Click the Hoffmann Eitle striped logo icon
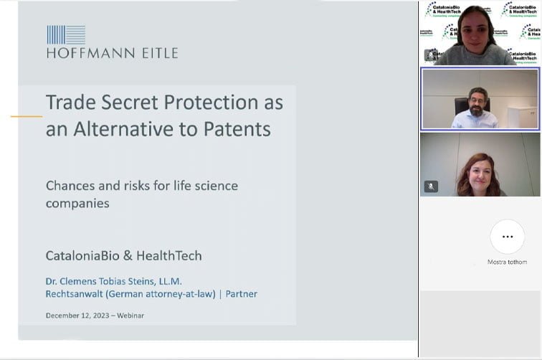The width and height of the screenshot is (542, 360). [66, 34]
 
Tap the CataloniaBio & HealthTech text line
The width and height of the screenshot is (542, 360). [123, 255]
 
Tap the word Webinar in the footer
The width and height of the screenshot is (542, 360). [129, 316]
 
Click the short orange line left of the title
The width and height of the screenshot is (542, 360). [27, 116]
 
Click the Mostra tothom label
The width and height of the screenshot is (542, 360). [507, 262]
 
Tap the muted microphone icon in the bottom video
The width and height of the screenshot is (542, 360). [431, 186]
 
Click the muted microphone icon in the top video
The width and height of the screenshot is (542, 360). [431, 55]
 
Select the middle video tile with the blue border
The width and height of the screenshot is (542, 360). [480, 98]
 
